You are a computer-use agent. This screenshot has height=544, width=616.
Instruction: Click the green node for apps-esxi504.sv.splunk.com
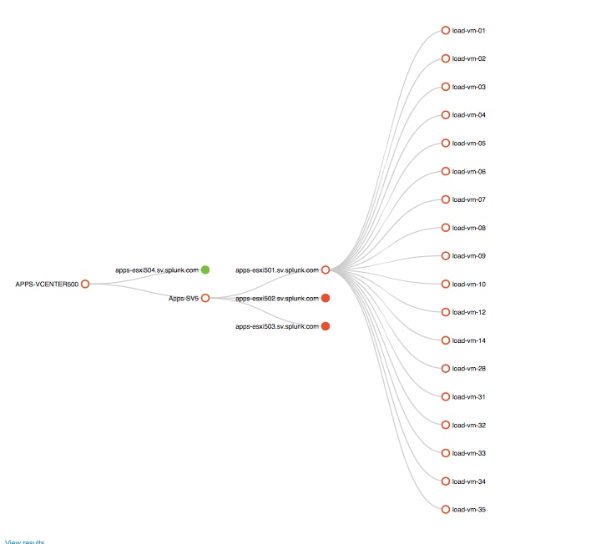[205, 269]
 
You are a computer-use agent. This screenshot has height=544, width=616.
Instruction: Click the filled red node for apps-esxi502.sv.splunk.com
[326, 298]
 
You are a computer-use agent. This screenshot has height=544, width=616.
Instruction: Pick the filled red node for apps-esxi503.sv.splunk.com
[326, 326]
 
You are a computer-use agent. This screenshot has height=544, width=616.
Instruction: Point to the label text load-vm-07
[469, 199]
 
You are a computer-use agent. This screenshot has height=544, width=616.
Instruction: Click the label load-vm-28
[469, 369]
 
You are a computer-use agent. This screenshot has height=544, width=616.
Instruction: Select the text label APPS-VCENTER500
[47, 284]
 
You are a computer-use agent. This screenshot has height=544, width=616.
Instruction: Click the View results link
[25, 541]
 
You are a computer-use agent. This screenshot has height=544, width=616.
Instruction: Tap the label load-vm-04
[469, 115]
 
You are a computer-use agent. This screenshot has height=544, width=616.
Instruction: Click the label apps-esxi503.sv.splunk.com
[277, 326]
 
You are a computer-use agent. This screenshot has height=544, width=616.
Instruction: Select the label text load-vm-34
[469, 481]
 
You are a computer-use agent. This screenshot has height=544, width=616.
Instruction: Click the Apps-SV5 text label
[184, 299]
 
